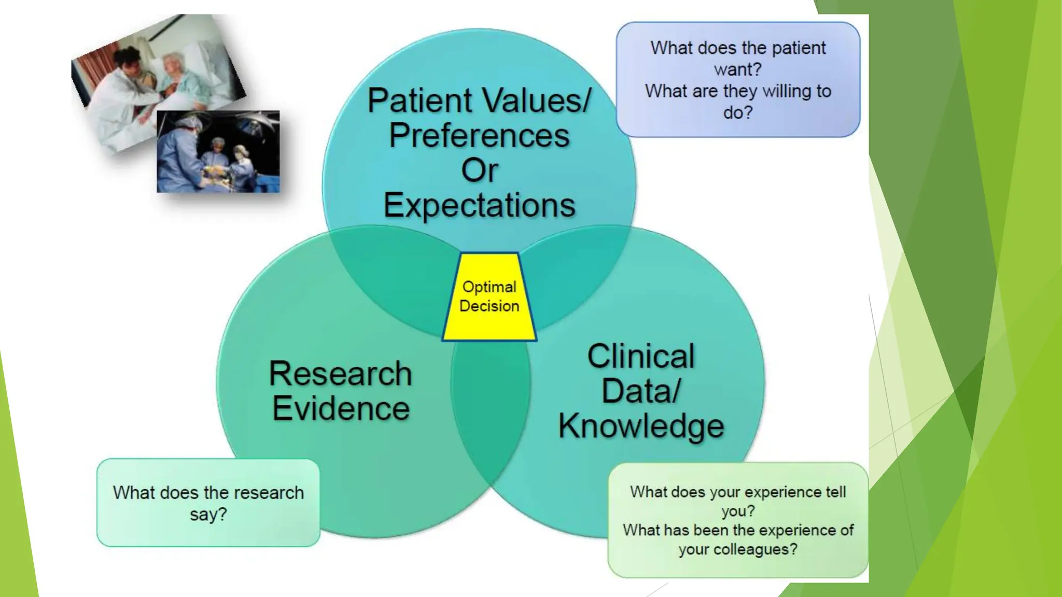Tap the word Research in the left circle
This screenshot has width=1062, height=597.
pyautogui.click(x=340, y=374)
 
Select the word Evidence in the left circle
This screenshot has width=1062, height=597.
pyautogui.click(x=341, y=408)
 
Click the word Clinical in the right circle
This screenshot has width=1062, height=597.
pyautogui.click(x=641, y=357)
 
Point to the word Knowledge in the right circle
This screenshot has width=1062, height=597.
pyautogui.click(x=641, y=426)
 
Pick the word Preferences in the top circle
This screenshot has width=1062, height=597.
pyautogui.click(x=479, y=136)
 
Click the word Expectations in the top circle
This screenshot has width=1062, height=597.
pyautogui.click(x=479, y=205)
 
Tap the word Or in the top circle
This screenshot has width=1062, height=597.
pyautogui.click(x=480, y=170)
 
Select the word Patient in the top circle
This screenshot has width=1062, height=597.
pyautogui.click(x=420, y=101)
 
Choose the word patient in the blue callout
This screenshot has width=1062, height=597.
pyautogui.click(x=799, y=48)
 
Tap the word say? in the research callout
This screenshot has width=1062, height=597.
pyautogui.click(x=208, y=515)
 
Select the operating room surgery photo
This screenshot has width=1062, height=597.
pyautogui.click(x=218, y=151)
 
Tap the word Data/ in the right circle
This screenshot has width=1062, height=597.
pyautogui.click(x=641, y=391)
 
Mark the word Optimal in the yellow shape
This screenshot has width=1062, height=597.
pyautogui.click(x=489, y=287)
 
